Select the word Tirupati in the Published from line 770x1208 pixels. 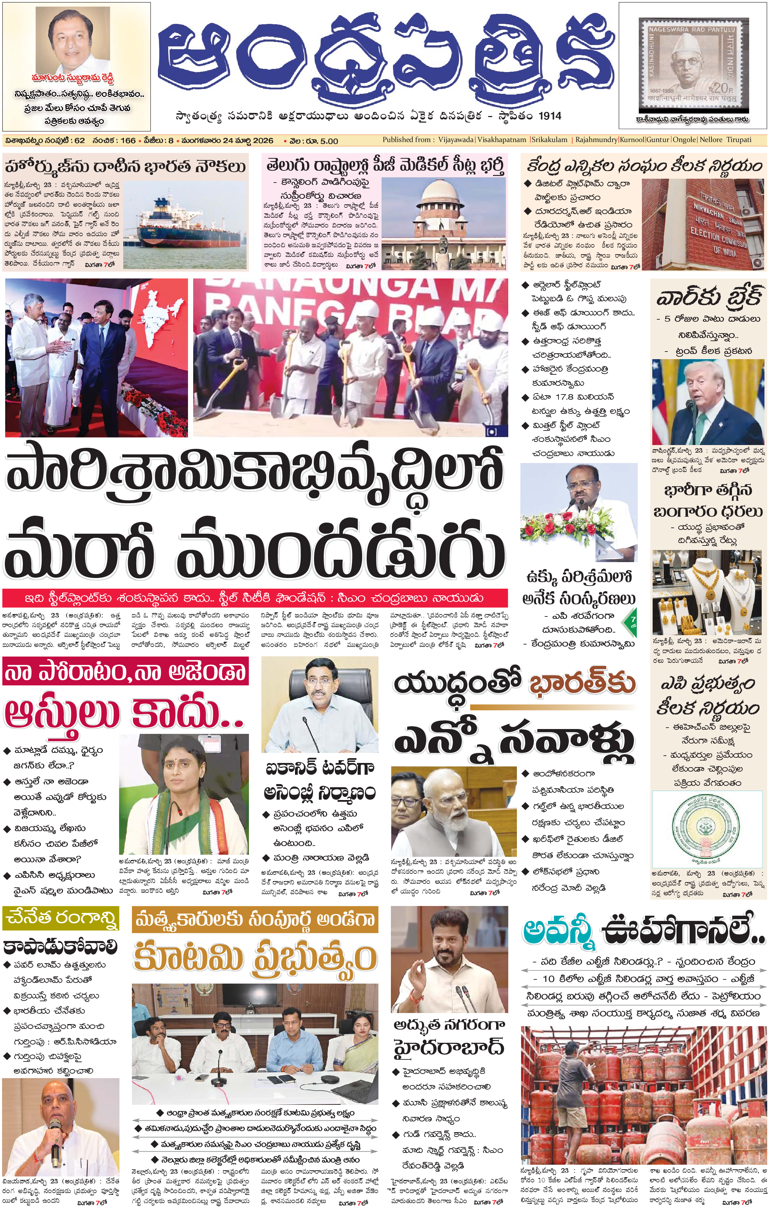(738, 140)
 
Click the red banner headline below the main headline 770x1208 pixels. (255, 598)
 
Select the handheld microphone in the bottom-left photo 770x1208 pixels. (56, 1146)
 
